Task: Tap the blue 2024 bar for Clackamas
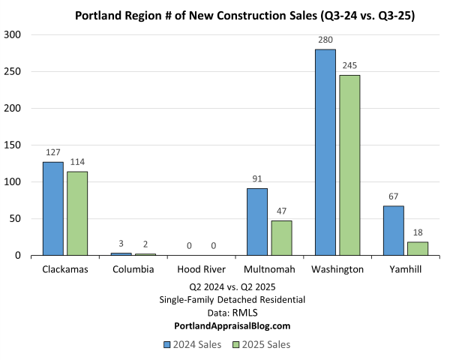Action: (52, 208)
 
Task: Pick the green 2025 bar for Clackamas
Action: (76, 214)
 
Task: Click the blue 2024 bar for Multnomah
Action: (257, 222)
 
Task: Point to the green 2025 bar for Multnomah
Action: (281, 238)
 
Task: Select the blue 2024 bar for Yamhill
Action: (394, 230)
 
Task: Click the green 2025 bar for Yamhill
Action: (418, 248)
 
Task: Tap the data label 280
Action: (325, 41)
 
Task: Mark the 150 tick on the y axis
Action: (14, 145)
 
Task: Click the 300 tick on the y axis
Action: (14, 34)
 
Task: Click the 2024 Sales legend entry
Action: (191, 344)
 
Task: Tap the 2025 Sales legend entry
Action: (259, 344)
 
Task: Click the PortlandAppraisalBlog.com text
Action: (232, 325)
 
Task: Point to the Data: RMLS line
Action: (232, 313)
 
